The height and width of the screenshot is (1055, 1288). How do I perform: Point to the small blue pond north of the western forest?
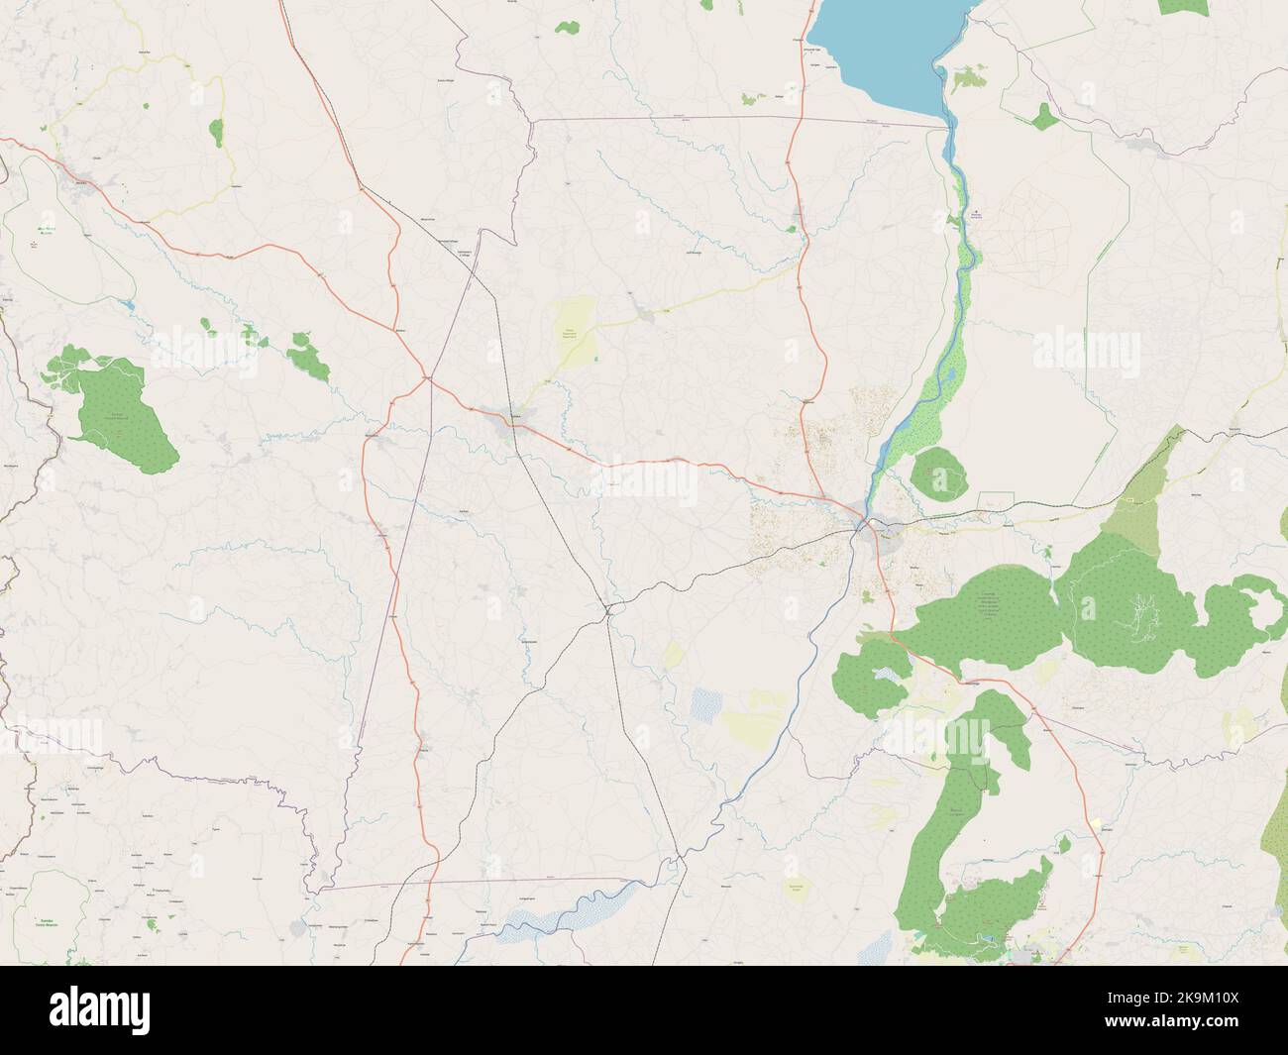click(x=129, y=305)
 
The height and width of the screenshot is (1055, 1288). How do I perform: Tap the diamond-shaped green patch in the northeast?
click(x=1043, y=118)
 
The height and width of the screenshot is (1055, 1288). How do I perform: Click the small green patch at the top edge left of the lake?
click(x=567, y=27)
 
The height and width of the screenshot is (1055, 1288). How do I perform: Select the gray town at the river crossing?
click(x=877, y=530)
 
